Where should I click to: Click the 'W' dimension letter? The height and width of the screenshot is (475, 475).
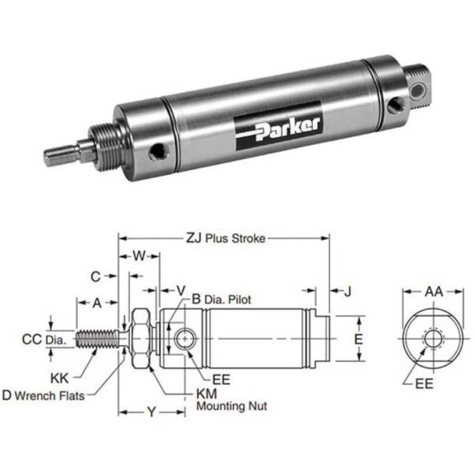pyautogui.click(x=139, y=255)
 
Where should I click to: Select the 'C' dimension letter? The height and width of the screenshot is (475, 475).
pyautogui.click(x=95, y=276)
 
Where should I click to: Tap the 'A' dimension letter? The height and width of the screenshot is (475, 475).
pyautogui.click(x=97, y=302)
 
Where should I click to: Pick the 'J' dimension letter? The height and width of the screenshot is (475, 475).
pyautogui.click(x=348, y=291)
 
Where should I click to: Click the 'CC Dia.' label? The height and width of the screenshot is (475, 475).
pyautogui.click(x=43, y=339)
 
